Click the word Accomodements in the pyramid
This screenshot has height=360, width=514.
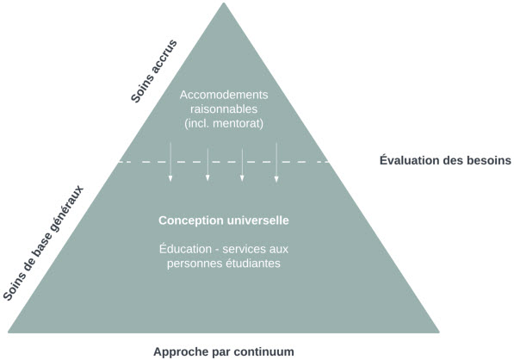[224, 95]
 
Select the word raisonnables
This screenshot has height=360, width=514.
[224, 109]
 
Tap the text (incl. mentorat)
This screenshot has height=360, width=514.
[224, 124]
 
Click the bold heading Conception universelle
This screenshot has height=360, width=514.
[224, 220]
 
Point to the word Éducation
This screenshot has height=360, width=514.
[185, 249]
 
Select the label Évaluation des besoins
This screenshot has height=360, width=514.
[445, 160]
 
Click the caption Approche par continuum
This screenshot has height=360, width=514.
[224, 351]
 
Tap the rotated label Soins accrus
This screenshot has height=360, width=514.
[154, 71]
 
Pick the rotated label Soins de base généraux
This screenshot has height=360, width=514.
[44, 243]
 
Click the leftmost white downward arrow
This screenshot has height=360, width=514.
[170, 162]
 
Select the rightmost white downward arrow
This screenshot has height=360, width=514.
[276, 162]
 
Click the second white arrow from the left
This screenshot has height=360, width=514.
[207, 164]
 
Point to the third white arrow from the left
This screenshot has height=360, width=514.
[242, 164]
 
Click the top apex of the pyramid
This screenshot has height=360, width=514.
[224, 3]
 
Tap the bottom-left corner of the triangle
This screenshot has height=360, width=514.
[9, 332]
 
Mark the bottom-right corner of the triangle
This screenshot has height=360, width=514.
[439, 332]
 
